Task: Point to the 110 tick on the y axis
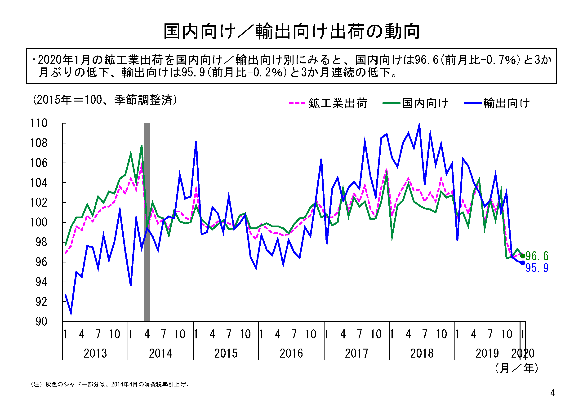click(x=39, y=123)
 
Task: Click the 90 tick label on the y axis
click(x=41, y=322)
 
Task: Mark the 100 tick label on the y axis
click(x=39, y=222)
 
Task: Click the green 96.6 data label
click(x=537, y=256)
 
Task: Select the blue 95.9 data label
click(x=537, y=268)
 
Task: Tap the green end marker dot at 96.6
click(x=523, y=256)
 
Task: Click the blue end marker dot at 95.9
click(x=523, y=263)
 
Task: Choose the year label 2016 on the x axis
click(x=291, y=353)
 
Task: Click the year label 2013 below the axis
click(x=95, y=353)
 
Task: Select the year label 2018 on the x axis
click(x=422, y=353)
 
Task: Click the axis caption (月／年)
click(x=516, y=368)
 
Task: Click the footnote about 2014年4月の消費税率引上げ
click(x=111, y=384)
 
